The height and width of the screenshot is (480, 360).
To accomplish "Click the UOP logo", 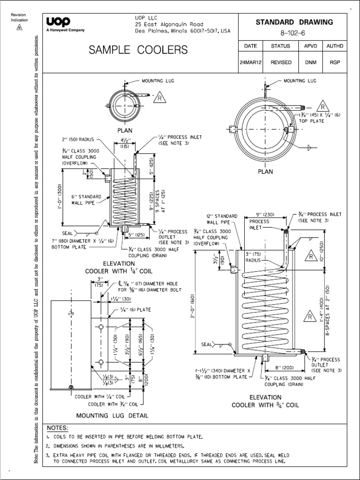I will pos(58,22).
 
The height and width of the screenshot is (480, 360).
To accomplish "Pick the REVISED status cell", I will pos(281,62).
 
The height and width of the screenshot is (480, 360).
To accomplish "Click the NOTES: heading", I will pos(58,428).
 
